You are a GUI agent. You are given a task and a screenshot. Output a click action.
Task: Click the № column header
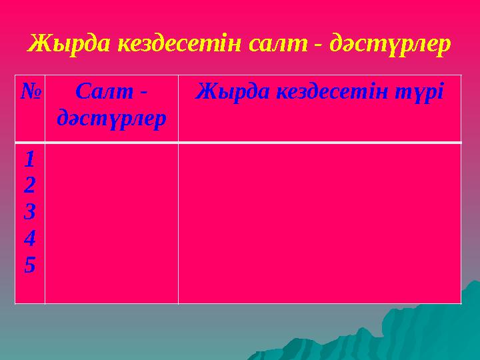(x=29, y=91)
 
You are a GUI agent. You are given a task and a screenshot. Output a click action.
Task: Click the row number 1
(x=29, y=158)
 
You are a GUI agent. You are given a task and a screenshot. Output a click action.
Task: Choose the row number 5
(x=29, y=265)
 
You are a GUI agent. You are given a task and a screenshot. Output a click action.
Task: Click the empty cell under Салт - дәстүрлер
(x=111, y=223)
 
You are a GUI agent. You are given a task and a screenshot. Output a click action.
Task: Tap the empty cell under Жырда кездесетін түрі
(x=319, y=223)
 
